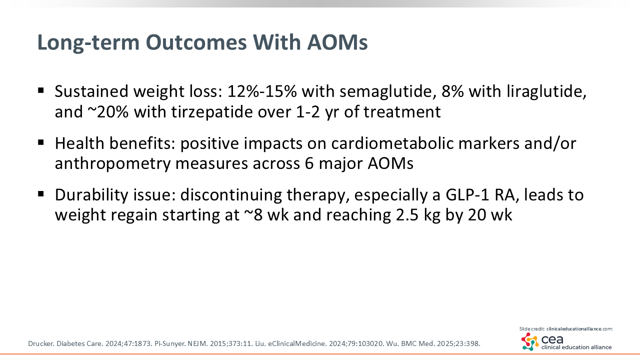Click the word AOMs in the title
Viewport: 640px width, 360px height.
pos(337,42)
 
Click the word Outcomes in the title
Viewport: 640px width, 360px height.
pos(196,42)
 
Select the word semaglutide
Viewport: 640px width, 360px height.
pos(388,92)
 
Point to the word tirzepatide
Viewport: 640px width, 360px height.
pos(212,112)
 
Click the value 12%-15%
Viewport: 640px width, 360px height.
pos(262,91)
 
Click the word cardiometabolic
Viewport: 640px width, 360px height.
pos(392,143)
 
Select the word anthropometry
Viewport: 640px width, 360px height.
pos(112,164)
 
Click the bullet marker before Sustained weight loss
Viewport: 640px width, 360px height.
pos(41,91)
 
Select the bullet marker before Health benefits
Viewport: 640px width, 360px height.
pos(41,142)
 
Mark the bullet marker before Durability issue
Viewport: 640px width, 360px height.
pos(41,194)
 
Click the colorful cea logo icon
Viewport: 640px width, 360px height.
pos(530,341)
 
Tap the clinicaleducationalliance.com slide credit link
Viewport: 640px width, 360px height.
pos(579,329)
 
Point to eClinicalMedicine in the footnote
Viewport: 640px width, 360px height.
pos(297,343)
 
